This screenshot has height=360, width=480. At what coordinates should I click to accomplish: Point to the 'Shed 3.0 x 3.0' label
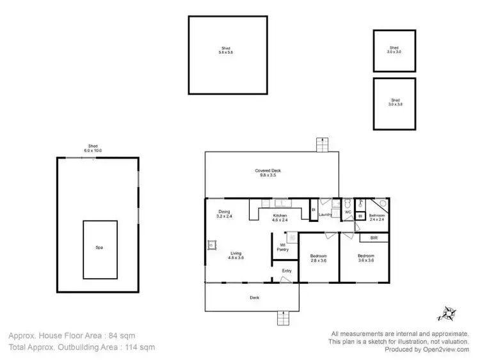click(394, 49)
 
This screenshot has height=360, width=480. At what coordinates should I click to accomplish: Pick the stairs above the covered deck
click(323, 145)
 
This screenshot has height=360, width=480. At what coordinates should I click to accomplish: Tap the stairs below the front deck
click(283, 318)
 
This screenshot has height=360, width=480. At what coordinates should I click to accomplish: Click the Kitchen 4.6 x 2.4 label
click(280, 218)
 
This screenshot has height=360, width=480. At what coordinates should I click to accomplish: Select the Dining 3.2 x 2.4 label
click(224, 214)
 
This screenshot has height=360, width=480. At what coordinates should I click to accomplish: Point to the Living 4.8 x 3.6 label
click(236, 256)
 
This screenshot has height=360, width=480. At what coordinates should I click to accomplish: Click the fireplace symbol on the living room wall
click(211, 244)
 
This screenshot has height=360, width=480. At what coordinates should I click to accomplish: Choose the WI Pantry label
click(284, 247)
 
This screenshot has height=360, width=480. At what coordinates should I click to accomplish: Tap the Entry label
click(287, 271)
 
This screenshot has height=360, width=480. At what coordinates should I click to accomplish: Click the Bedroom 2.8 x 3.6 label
click(318, 258)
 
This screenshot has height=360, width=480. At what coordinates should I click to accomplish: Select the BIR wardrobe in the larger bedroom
click(374, 238)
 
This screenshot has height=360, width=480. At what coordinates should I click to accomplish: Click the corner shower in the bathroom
click(381, 204)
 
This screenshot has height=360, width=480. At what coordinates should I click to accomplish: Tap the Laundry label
click(325, 215)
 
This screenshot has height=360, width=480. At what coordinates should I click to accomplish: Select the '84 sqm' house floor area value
click(122, 335)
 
